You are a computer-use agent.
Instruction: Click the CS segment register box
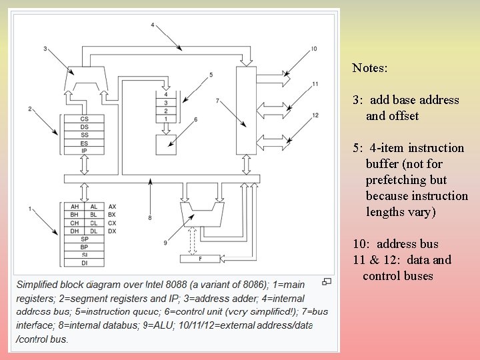click(83, 119)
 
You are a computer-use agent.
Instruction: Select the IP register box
click(83, 151)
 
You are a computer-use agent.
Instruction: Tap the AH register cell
click(75, 207)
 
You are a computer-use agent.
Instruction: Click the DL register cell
click(93, 231)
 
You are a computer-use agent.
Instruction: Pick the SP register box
click(84, 239)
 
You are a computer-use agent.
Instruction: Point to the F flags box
click(200, 258)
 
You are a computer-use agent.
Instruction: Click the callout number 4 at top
click(152, 25)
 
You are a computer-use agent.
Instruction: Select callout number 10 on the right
click(313, 49)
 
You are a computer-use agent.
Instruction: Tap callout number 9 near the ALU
click(165, 243)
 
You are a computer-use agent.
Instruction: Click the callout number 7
click(217, 101)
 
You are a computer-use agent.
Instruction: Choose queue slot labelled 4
click(166, 95)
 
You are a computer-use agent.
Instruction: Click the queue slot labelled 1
click(166, 119)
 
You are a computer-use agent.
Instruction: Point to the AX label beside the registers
click(112, 207)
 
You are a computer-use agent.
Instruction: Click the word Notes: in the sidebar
click(370, 68)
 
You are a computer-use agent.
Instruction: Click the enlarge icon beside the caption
click(327, 282)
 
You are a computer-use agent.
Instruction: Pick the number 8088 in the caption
click(193, 285)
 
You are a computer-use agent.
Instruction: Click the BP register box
click(84, 247)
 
